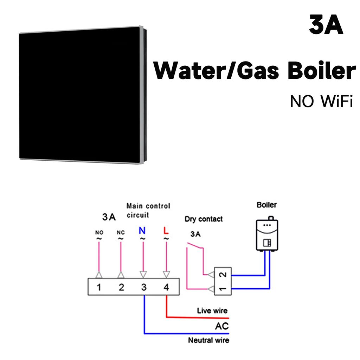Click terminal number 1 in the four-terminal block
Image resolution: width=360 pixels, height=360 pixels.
coord(99,287)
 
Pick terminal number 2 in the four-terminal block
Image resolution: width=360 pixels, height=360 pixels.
coord(121,287)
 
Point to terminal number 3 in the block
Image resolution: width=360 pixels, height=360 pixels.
coord(144,287)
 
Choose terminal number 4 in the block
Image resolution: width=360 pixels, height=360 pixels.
coord(166,287)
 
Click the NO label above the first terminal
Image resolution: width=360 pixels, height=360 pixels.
coord(99,232)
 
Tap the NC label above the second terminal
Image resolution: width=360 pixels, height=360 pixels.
coord(121,232)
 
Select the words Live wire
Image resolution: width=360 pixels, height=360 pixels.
coord(212,310)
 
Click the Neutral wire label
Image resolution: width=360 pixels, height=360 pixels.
coord(208,340)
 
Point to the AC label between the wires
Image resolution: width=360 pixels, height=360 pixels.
coord(221,326)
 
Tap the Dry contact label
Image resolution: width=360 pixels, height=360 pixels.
coord(204,219)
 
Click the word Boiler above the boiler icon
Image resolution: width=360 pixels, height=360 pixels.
coord(266,205)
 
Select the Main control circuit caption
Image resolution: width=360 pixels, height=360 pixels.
coord(148,210)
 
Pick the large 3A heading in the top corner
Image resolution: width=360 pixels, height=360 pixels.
coord(326,26)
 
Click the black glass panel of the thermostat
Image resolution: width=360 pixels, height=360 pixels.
coord(81,95)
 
